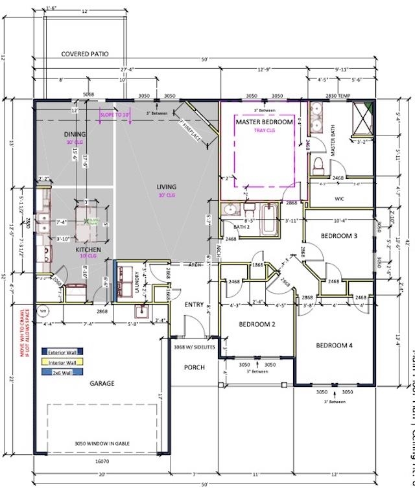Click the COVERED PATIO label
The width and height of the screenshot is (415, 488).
[x=85, y=54]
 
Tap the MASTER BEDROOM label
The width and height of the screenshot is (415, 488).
[x=264, y=122]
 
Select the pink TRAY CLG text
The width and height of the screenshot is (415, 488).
[x=264, y=130]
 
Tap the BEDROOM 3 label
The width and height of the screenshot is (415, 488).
[x=339, y=236]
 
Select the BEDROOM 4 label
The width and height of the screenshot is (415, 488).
[x=334, y=345]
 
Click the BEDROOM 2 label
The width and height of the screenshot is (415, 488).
[x=257, y=324]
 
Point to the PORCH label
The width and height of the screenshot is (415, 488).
[x=194, y=367]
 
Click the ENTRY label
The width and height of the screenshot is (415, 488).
[x=194, y=305]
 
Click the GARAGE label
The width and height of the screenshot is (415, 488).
[x=102, y=383]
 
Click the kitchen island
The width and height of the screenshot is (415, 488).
[x=88, y=228]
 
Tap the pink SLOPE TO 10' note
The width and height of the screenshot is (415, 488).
[x=115, y=115]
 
